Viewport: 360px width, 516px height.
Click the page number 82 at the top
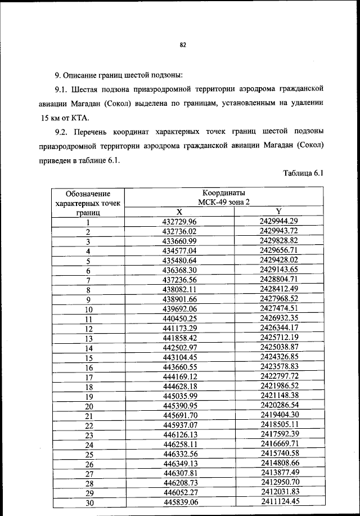point(182,46)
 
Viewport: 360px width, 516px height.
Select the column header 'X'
point(179,212)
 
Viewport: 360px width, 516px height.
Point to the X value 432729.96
point(179,221)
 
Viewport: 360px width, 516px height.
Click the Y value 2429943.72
point(278,231)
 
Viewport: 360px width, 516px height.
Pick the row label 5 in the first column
point(88,261)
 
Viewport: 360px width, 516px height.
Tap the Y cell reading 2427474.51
point(278,308)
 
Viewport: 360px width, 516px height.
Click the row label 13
point(88,338)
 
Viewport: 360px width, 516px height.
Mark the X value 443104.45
point(179,357)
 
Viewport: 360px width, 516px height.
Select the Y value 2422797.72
point(278,376)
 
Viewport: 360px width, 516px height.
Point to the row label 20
point(88,406)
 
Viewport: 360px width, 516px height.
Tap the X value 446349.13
point(179,464)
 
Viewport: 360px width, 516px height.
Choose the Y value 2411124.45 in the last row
point(278,502)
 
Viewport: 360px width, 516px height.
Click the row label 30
point(88,503)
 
